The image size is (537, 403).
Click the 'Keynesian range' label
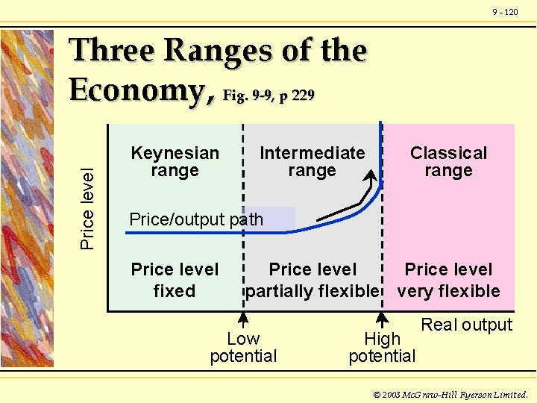point(175,162)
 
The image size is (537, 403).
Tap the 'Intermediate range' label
point(312,162)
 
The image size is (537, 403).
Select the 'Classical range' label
point(448,162)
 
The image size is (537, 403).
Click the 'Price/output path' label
point(196,219)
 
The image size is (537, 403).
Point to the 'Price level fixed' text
point(175,280)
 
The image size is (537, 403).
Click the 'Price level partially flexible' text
point(313,280)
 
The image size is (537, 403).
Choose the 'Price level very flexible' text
point(448,280)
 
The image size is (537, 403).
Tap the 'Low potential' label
point(243,348)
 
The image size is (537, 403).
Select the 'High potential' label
point(382,348)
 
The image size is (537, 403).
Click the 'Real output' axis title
point(467,325)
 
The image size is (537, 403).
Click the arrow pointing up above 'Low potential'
point(243,319)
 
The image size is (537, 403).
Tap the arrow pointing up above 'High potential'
point(382,319)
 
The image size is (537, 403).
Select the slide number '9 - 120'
point(505,12)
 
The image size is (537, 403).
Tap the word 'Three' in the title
point(112,51)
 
